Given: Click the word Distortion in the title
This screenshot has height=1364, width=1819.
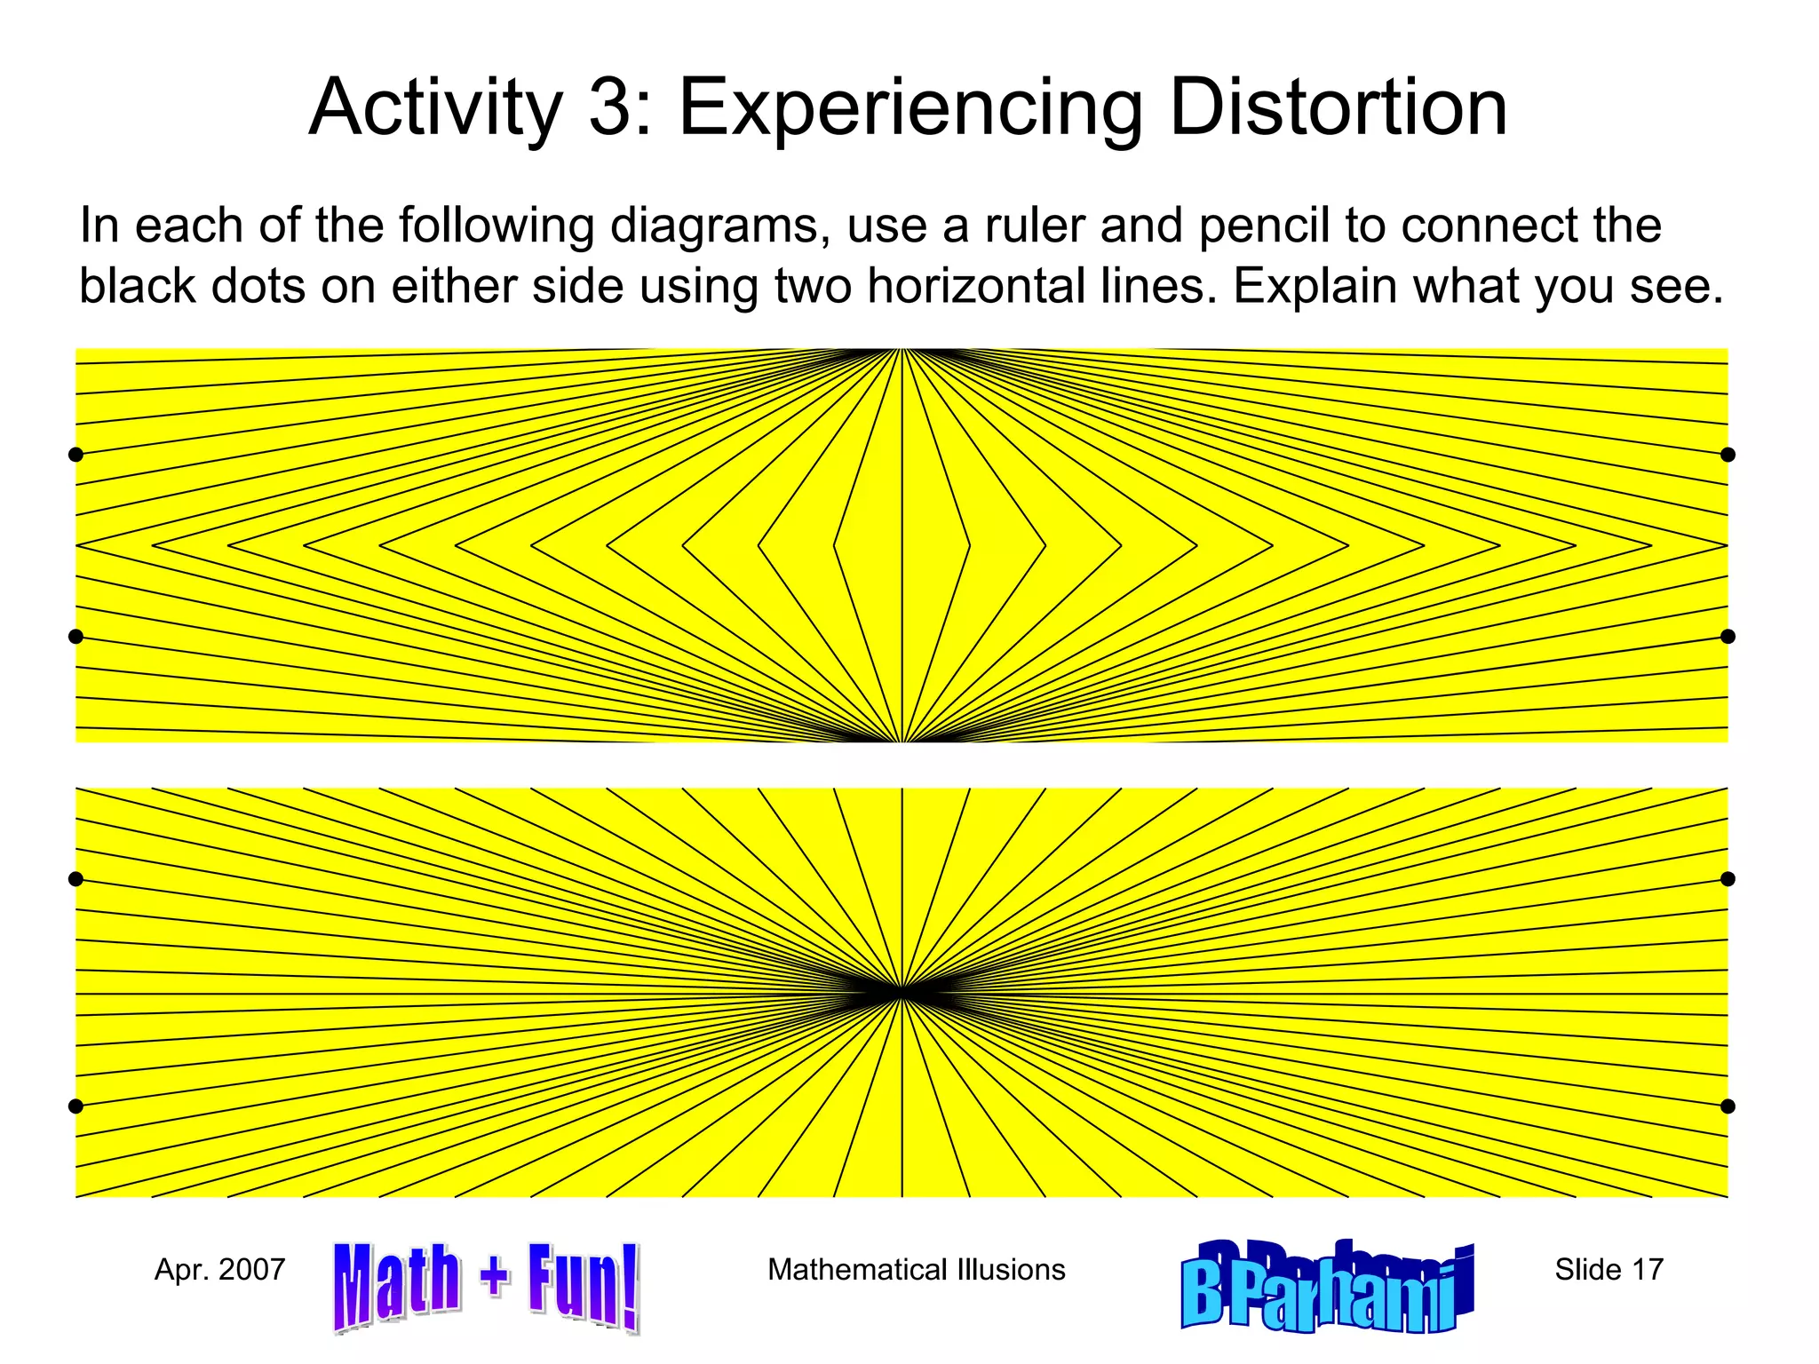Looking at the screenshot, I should pos(1338,108).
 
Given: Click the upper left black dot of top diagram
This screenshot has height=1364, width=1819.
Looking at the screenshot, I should pos(75,455).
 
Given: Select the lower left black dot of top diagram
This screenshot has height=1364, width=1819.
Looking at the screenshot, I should pos(75,637).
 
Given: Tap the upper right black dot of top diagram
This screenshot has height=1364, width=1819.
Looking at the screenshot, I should pos(1728,455).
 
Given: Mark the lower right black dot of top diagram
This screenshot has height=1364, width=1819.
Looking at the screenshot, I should pos(1728,637).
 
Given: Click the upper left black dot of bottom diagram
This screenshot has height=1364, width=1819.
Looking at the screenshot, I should pos(75,879).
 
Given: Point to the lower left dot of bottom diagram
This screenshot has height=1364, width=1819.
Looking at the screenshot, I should pos(75,1106).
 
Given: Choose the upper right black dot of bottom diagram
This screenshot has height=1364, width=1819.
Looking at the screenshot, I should pos(1728,879).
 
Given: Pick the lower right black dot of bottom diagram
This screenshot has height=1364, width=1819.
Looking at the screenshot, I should pos(1728,1106).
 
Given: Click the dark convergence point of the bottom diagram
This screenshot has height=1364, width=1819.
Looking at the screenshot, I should pos(902,992).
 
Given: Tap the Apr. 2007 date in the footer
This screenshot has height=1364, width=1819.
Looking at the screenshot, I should pos(219,1270).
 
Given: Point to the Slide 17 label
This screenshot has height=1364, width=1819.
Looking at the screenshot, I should pos(1609,1270).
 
